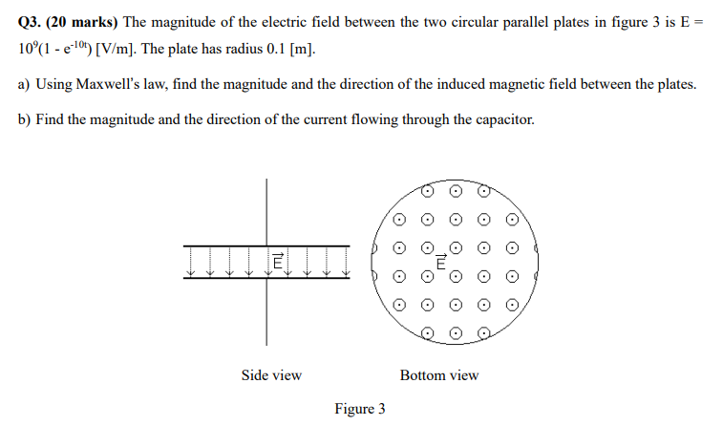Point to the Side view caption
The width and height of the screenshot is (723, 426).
pos(271,375)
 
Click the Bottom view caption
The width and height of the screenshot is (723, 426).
pos(439,375)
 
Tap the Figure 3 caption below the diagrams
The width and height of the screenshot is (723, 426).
pos(360,409)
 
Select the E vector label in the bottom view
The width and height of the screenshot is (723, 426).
pos(441,261)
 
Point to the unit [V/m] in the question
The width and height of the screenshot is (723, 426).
pos(114,49)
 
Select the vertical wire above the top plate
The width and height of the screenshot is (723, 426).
pos(266,210)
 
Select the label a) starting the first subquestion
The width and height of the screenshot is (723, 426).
pos(25,84)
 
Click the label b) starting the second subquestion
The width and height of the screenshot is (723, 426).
pos(25,119)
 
